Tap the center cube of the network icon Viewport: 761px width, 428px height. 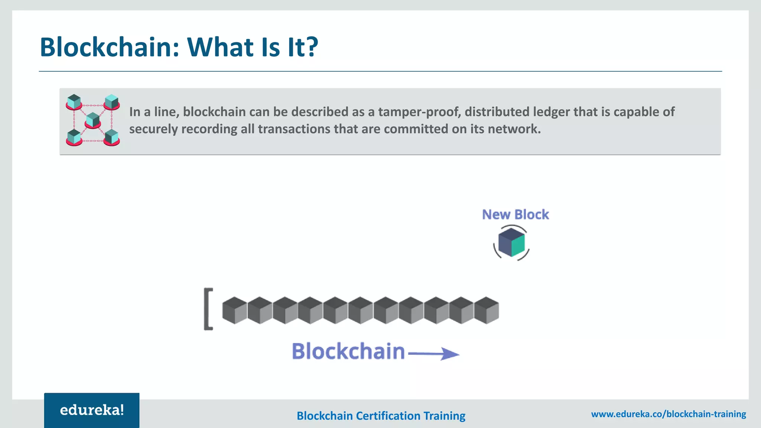93,120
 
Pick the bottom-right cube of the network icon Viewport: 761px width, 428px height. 111,137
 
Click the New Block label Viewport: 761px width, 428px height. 515,214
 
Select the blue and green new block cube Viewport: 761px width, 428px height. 511,242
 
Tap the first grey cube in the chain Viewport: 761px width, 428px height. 234,310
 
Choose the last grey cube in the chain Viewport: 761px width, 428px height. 487,310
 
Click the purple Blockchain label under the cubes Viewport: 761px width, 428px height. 348,351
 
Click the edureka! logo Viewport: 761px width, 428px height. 92,410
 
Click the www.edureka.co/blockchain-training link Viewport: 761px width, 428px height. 668,414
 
